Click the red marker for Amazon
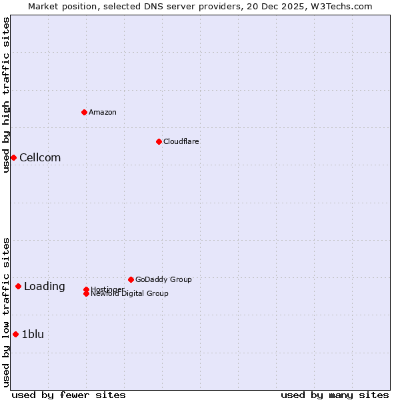[x=84, y=112]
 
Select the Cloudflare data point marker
[x=159, y=141]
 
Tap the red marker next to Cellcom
[x=13, y=157]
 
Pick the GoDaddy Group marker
[x=131, y=279]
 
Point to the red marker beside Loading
[x=18, y=287]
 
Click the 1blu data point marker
[x=15, y=335]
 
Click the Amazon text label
[x=103, y=112]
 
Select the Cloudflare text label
[x=181, y=141]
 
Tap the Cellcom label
[x=40, y=158]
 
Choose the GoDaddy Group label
[x=163, y=279]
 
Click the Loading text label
[x=45, y=287]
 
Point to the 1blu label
[x=33, y=335]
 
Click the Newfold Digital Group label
[x=130, y=294]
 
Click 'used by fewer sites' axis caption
[x=69, y=395]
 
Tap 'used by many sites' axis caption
[x=335, y=395]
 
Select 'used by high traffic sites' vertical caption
[x=6, y=95]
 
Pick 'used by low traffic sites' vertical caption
[x=6, y=312]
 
